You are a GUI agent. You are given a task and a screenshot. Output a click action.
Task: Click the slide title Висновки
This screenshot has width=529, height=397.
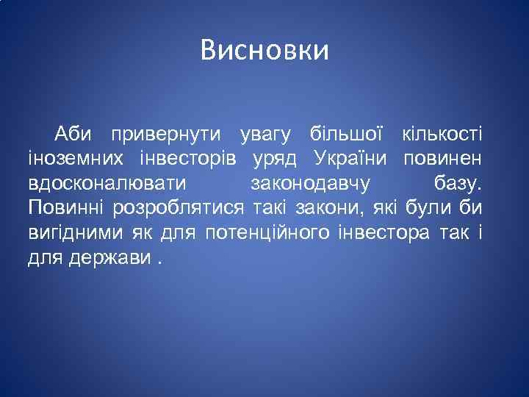point(264,51)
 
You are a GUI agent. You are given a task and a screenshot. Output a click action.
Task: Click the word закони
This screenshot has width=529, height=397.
point(309,207)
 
